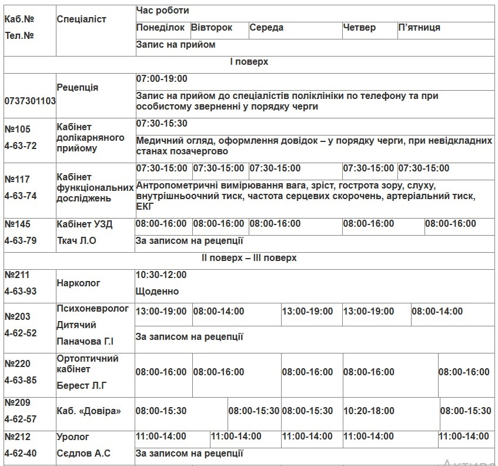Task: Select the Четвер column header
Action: click(x=359, y=28)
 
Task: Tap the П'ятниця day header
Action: click(x=419, y=28)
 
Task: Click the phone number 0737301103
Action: click(x=30, y=101)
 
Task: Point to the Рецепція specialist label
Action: click(x=78, y=87)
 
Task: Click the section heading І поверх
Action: click(x=249, y=62)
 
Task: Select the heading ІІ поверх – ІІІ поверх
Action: click(x=249, y=258)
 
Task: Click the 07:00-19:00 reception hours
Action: click(x=162, y=79)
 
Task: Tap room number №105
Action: click(x=17, y=129)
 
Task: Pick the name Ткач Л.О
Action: click(x=76, y=240)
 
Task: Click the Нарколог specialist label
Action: click(x=79, y=283)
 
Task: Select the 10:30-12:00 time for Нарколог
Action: click(x=161, y=275)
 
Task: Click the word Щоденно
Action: click(x=157, y=292)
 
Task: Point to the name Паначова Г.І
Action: click(x=85, y=342)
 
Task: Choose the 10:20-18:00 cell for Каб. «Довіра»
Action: click(x=369, y=411)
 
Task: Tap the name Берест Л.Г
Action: click(x=82, y=386)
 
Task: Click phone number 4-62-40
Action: click(x=21, y=454)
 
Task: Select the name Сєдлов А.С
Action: click(x=83, y=454)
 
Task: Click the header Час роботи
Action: click(x=162, y=11)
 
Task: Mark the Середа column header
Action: click(x=266, y=28)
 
